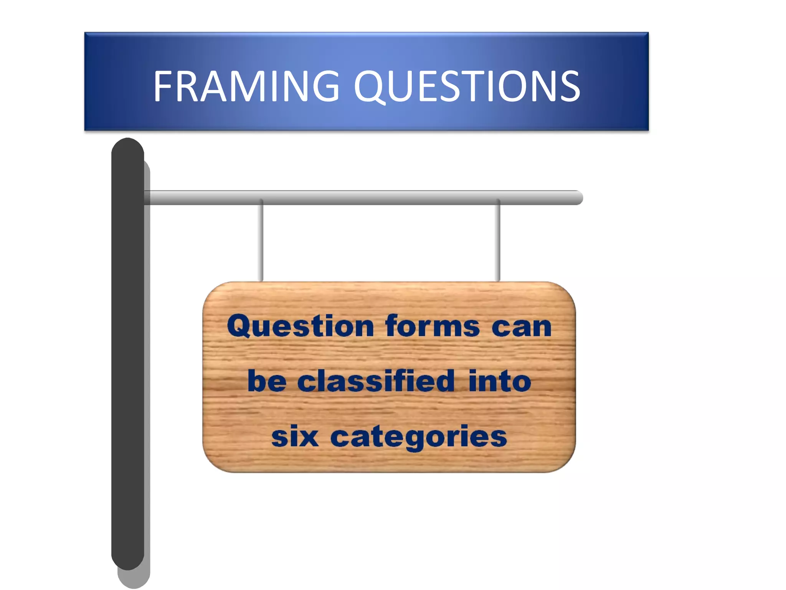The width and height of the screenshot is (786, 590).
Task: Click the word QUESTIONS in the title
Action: click(467, 87)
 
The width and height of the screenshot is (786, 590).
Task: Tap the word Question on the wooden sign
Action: click(300, 326)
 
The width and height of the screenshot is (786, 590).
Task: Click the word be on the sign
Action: click(267, 381)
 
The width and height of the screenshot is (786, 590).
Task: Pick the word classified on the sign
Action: click(376, 381)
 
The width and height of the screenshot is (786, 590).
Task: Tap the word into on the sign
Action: click(500, 381)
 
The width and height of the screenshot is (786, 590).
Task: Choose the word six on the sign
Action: click(295, 437)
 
